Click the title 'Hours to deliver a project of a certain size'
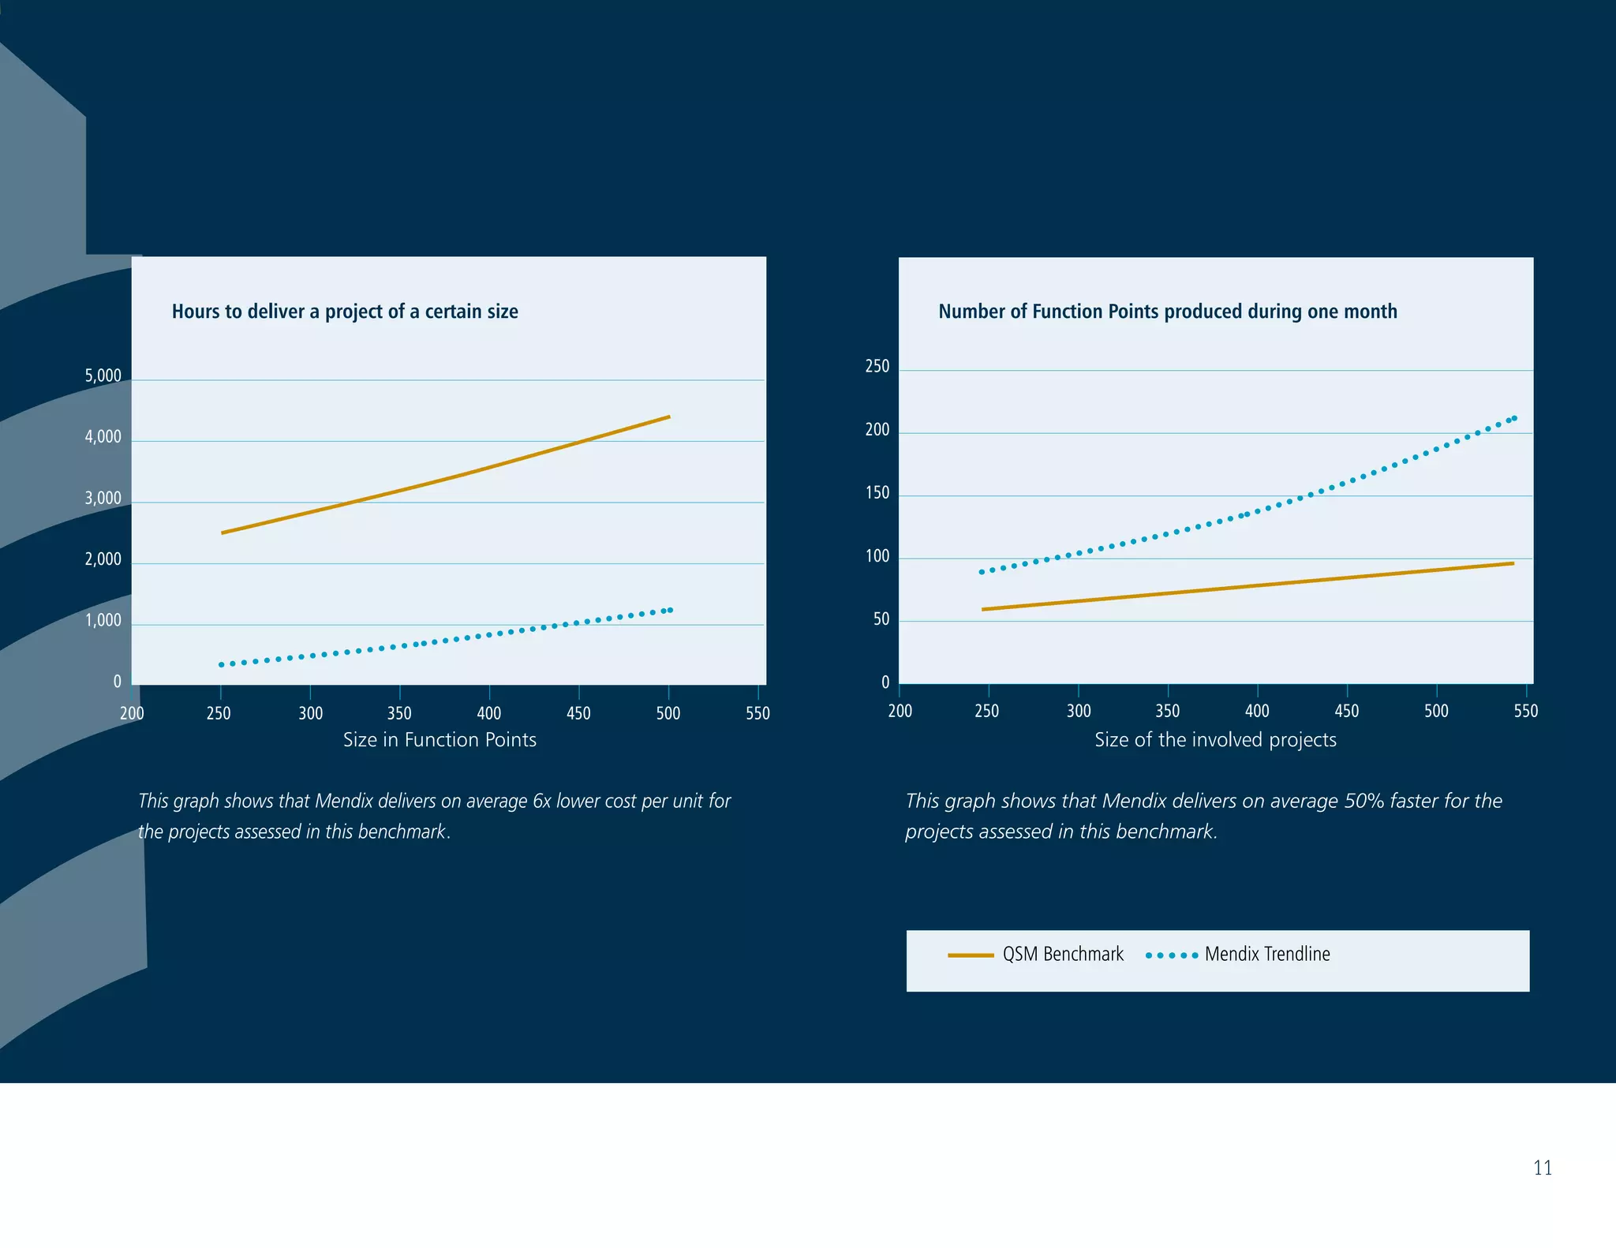tap(345, 312)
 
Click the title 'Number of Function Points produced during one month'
tap(1167, 312)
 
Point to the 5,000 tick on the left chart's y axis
tap(103, 376)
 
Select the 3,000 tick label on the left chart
tap(103, 499)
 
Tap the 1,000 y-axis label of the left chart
tap(103, 621)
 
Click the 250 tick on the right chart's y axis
tap(877, 367)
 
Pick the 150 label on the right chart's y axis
tap(877, 494)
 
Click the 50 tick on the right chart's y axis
tap(881, 620)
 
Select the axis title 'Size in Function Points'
tap(440, 740)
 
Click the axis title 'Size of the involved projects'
tap(1215, 740)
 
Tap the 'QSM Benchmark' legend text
tap(1062, 955)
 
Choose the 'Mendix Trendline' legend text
tap(1266, 955)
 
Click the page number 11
tap(1542, 1168)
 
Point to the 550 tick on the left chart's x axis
tap(757, 713)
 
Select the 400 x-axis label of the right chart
tap(1257, 712)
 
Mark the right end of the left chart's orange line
tap(668, 417)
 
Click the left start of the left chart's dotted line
tap(222, 665)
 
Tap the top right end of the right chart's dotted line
tap(1513, 418)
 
